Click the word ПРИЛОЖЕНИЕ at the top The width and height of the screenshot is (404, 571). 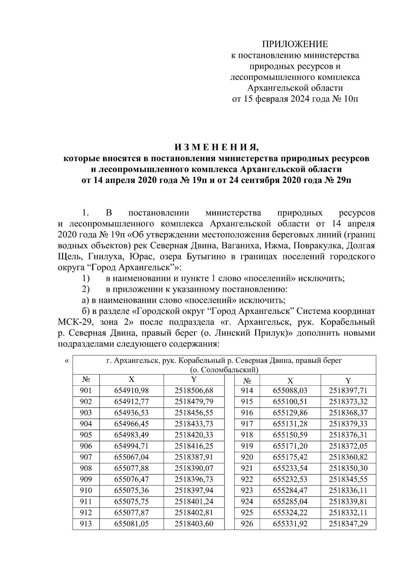pos(295,44)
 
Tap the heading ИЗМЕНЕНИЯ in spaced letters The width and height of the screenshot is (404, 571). pos(217,147)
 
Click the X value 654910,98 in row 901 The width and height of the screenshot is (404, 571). pos(131,391)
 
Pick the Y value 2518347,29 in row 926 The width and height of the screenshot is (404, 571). pos(348,524)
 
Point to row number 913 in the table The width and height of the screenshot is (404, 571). pos(86,524)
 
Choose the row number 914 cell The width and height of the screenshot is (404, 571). pos(247,391)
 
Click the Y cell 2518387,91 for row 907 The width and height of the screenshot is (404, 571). pos(194,457)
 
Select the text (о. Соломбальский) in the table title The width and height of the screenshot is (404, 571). pos(224,370)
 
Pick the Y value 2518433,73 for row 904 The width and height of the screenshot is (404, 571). pos(194,424)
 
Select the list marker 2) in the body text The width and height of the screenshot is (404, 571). pos(85,289)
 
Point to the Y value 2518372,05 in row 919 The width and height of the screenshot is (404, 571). pos(348,446)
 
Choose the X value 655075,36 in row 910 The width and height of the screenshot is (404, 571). pos(131,490)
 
